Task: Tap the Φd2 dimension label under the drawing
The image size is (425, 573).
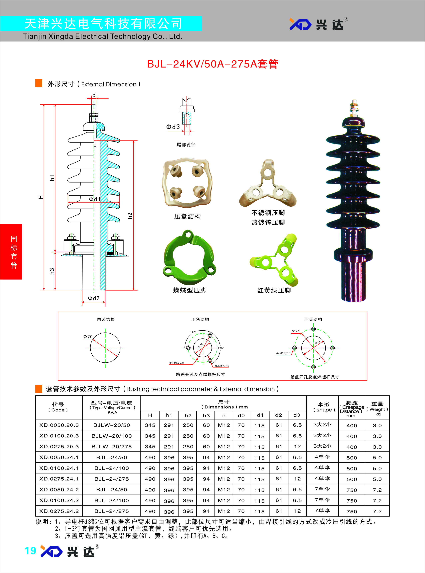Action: [94, 298]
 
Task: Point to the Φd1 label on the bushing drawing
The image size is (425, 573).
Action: [94, 199]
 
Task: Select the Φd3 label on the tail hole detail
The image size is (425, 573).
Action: [173, 127]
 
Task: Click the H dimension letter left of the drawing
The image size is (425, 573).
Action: [41, 197]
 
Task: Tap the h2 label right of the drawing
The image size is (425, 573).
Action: [130, 216]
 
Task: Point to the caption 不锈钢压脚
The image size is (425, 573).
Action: [268, 213]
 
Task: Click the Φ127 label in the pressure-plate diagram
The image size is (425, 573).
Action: [295, 331]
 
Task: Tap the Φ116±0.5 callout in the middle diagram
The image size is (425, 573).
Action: [177, 363]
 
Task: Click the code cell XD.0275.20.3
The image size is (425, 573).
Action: [59, 447]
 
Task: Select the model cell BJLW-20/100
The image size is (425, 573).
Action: [112, 436]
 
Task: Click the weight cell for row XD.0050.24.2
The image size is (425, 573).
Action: [377, 490]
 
